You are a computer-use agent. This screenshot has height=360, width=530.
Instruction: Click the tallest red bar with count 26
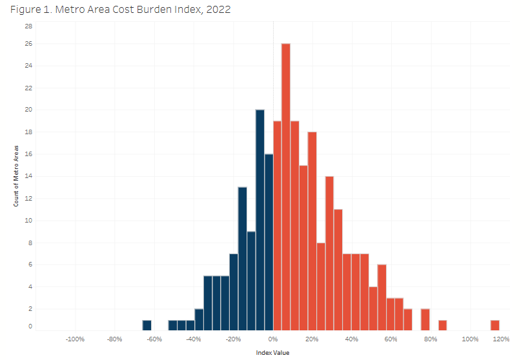pos(285,187)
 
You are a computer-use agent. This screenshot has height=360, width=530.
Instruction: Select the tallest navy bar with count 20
pos(260,220)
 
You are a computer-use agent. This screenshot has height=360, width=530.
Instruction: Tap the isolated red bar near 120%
pos(494,325)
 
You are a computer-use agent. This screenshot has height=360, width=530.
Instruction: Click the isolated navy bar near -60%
pos(147,325)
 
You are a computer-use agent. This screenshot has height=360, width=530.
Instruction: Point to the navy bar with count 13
pos(242,258)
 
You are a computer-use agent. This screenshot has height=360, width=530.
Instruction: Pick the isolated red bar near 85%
pos(442,325)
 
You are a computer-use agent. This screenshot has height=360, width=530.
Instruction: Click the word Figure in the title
pos(26,10)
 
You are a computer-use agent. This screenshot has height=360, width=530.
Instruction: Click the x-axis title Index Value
pos(273,352)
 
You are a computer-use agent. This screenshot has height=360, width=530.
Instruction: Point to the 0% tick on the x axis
pos(273,339)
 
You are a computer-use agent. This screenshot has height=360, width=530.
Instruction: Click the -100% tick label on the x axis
pos(75,339)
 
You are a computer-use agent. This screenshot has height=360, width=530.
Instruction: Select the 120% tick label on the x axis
pos(501,339)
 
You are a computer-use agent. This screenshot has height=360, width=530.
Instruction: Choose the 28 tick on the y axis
pos(28,26)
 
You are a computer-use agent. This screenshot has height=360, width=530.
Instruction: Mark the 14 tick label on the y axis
pos(28,176)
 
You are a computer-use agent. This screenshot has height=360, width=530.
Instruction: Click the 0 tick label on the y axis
pos(30,326)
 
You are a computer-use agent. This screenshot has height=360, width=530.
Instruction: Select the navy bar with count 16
pos(269,242)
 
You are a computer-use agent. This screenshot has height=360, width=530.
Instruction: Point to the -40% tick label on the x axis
pos(194,339)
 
